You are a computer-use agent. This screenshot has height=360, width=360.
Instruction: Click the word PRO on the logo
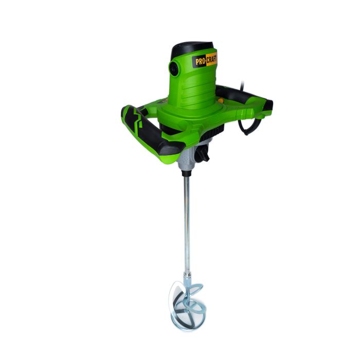click(x=200, y=61)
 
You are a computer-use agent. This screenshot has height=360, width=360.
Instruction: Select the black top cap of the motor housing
click(x=193, y=47)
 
